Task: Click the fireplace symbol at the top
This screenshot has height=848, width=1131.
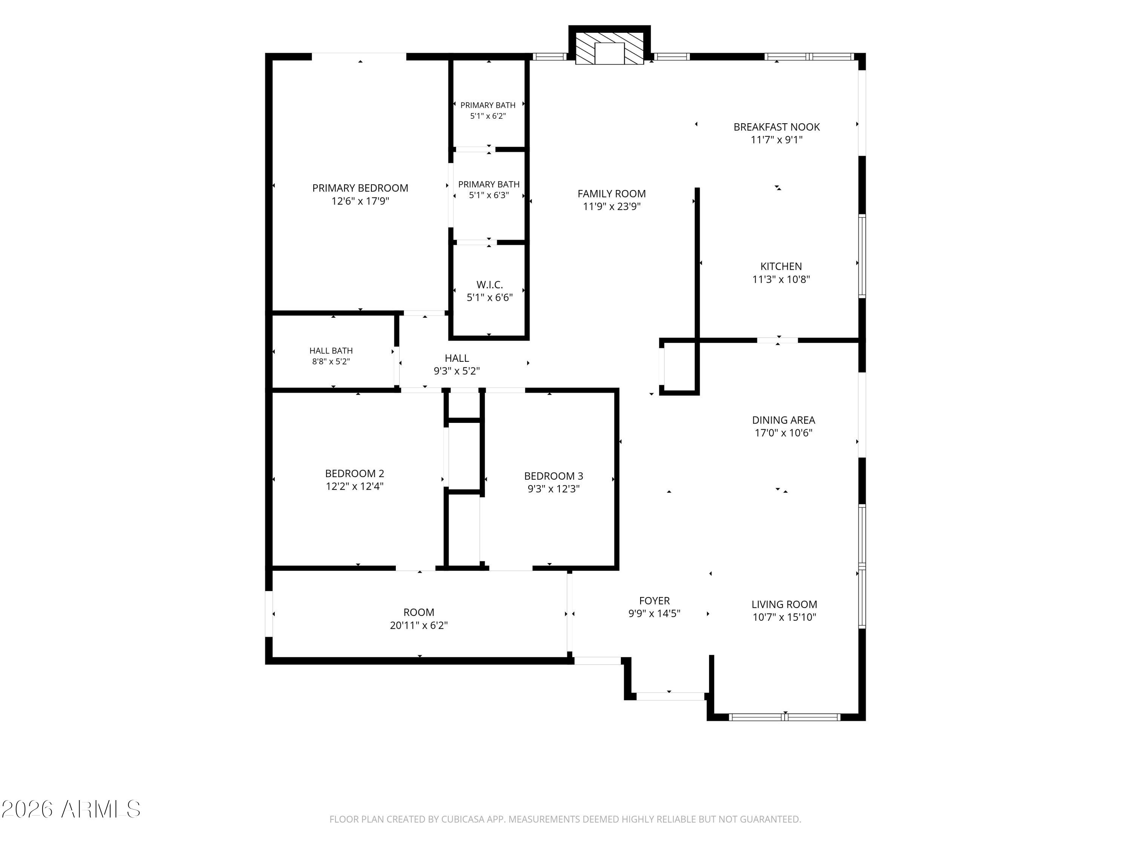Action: pyautogui.click(x=610, y=49)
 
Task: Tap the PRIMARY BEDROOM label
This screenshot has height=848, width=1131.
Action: pyautogui.click(x=360, y=188)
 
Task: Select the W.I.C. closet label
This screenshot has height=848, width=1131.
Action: pyautogui.click(x=490, y=285)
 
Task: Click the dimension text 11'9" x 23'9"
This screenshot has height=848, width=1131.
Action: pyautogui.click(x=611, y=207)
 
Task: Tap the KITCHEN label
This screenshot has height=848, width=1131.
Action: pyautogui.click(x=781, y=266)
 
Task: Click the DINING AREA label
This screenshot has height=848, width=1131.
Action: pyautogui.click(x=783, y=420)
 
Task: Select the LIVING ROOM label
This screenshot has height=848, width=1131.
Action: pyautogui.click(x=784, y=604)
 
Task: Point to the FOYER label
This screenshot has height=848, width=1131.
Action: pyautogui.click(x=654, y=601)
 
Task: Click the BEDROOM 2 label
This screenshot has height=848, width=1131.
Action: pyautogui.click(x=354, y=473)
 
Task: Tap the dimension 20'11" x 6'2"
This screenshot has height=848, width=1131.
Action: pyautogui.click(x=419, y=625)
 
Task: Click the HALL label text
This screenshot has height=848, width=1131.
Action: pyautogui.click(x=457, y=358)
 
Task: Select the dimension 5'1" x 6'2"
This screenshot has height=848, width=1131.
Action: pyautogui.click(x=488, y=116)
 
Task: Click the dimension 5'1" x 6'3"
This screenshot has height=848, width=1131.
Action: pyautogui.click(x=489, y=195)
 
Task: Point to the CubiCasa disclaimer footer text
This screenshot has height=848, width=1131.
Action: pyautogui.click(x=565, y=819)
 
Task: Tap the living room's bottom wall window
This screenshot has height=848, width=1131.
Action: pyautogui.click(x=784, y=717)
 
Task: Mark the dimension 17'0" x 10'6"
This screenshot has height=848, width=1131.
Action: pyautogui.click(x=783, y=433)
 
